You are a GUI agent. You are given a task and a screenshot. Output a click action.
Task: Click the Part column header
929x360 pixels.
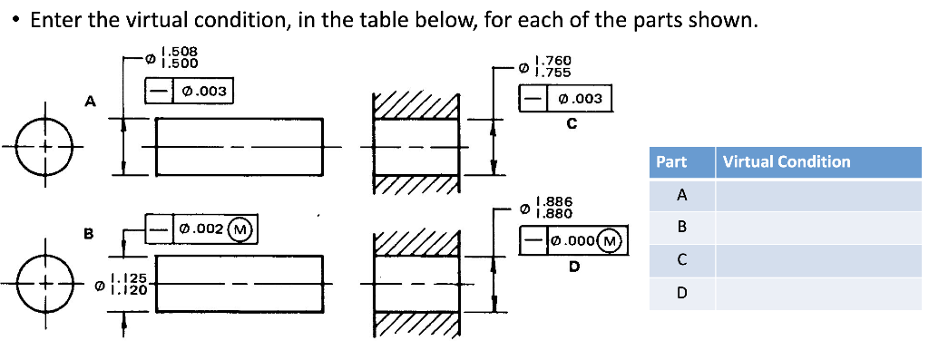(672, 162)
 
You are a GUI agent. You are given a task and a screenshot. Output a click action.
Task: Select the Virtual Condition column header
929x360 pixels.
(787, 162)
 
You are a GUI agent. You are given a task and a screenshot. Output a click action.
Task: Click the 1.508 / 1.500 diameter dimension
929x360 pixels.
(175, 58)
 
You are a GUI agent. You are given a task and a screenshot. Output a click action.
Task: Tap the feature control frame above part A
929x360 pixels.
(191, 91)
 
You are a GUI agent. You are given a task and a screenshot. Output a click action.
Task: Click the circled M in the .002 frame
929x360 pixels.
(240, 229)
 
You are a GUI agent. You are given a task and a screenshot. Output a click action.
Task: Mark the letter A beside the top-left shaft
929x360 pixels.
(89, 102)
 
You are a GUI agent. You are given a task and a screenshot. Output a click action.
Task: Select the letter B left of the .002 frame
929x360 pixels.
(89, 234)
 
